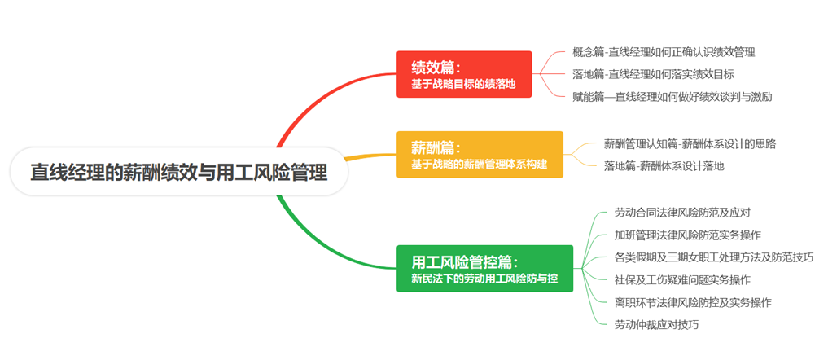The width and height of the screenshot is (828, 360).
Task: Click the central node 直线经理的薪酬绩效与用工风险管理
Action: tap(179, 172)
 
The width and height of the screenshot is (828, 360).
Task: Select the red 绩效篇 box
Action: tap(463, 74)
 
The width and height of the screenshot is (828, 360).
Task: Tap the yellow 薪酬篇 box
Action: tap(480, 155)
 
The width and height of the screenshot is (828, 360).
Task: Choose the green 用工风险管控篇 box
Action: tap(484, 268)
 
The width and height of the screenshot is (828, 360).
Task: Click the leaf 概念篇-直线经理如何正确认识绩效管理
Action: tap(664, 52)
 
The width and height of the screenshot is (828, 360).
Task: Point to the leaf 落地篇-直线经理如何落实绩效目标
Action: tap(653, 75)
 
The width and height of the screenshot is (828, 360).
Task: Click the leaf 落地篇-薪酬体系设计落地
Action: tap(664, 166)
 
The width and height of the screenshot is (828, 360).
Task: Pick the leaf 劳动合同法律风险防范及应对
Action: tap(683, 213)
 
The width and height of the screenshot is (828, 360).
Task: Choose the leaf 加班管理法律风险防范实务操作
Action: tap(688, 235)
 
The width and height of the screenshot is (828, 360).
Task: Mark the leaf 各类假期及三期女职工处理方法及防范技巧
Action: tap(714, 257)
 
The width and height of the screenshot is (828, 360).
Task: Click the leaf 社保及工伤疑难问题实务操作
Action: tap(683, 280)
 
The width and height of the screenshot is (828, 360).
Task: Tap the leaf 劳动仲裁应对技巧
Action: tap(657, 325)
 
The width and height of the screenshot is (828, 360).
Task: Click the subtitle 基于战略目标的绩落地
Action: tap(463, 84)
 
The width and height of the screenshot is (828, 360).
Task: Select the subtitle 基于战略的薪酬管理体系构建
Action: tap(480, 165)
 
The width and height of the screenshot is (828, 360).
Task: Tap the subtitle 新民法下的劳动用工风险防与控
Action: tap(484, 279)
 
